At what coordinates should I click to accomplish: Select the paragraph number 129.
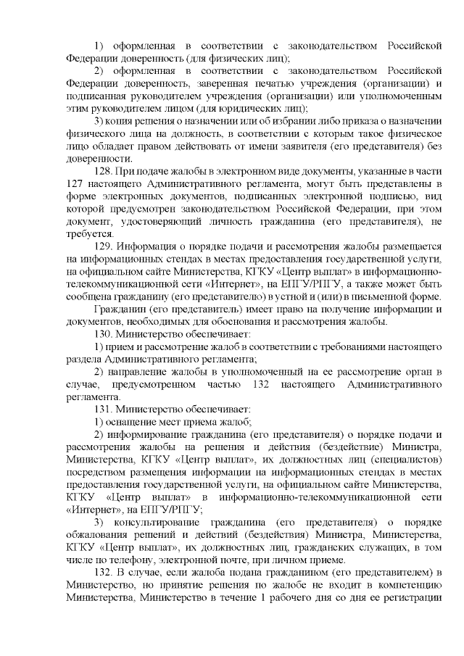(x=104, y=246)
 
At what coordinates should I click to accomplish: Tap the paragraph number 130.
(x=104, y=335)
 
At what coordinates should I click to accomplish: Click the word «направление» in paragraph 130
(x=142, y=371)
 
